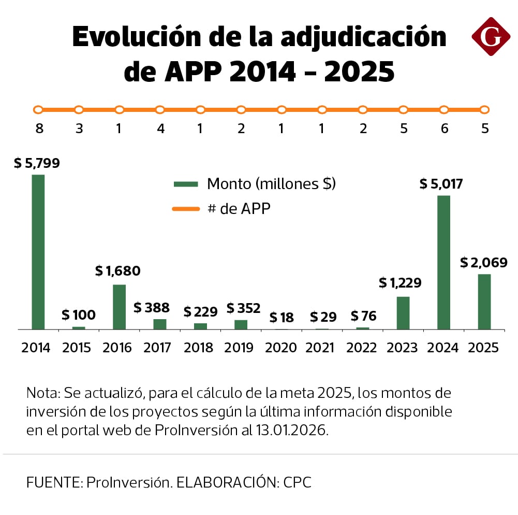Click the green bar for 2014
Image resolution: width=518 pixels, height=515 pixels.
38,252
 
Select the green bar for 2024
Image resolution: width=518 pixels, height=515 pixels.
443,262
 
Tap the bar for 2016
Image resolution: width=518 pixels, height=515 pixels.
119,307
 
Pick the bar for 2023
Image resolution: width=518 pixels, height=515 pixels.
403,313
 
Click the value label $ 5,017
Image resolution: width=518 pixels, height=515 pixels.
441,184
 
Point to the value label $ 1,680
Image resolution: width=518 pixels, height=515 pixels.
118,271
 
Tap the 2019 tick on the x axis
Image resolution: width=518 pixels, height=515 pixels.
240,348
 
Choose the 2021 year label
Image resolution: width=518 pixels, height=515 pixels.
321,348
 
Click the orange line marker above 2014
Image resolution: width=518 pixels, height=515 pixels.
38,110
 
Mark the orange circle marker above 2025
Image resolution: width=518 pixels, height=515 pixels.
484,110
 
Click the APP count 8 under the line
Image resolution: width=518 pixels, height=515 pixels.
39,128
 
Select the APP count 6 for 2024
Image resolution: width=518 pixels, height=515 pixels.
444,128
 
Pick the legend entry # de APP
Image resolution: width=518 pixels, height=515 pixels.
239,209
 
